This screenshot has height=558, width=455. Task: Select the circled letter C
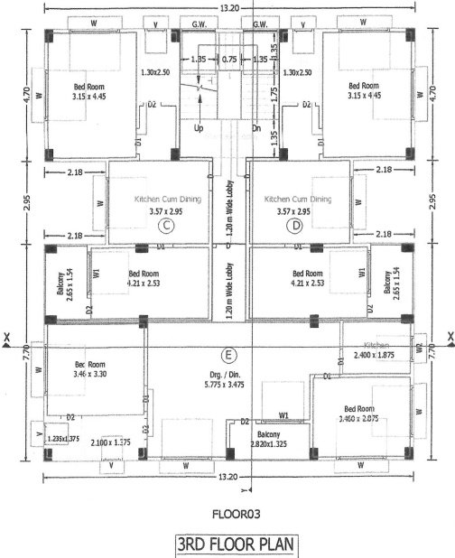tap(165, 225)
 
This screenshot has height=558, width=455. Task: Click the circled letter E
tap(229, 353)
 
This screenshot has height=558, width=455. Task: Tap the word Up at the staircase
tap(200, 127)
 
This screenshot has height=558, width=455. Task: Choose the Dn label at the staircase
tap(256, 127)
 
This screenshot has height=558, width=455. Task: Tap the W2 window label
tap(419, 347)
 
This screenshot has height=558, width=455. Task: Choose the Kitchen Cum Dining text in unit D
tap(296, 199)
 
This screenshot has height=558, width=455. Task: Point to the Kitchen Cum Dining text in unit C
tap(166, 199)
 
